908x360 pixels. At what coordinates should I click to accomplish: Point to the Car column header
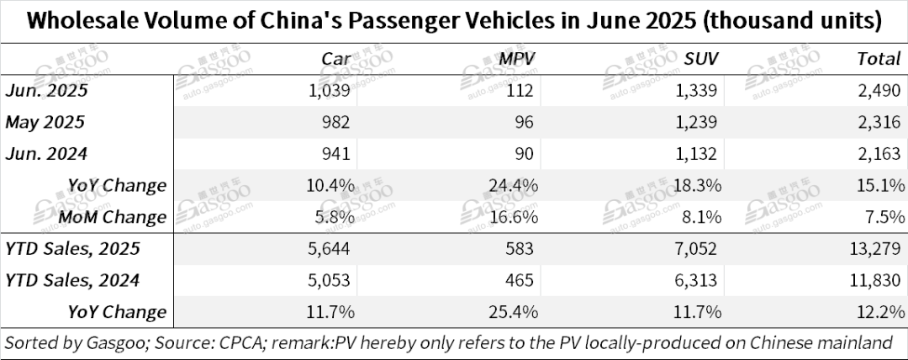pyautogui.click(x=338, y=59)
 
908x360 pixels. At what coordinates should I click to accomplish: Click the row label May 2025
pyautogui.click(x=45, y=122)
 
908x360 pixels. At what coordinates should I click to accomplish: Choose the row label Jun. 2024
pyautogui.click(x=46, y=153)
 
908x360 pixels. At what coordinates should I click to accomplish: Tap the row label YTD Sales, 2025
pyautogui.click(x=72, y=249)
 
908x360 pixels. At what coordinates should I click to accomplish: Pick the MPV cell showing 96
pyautogui.click(x=525, y=122)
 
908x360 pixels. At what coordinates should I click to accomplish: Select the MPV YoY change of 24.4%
pyautogui.click(x=515, y=185)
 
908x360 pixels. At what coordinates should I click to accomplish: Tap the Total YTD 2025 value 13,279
pyautogui.click(x=875, y=249)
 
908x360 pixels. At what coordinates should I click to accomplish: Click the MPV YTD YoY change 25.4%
pyautogui.click(x=515, y=312)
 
